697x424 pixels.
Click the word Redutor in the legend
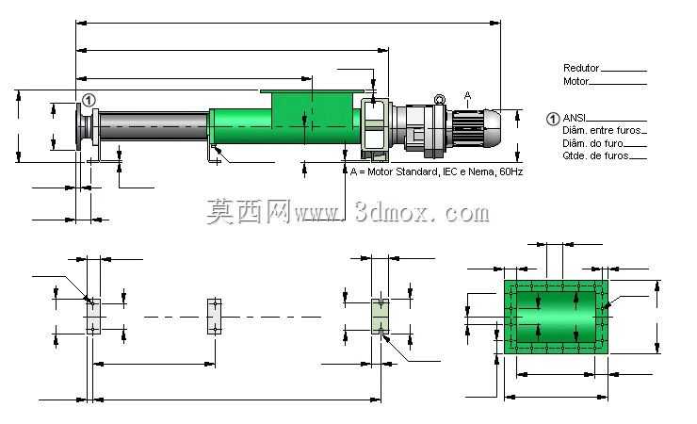(x=581, y=68)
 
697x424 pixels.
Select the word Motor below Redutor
(x=575, y=81)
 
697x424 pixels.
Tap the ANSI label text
(x=575, y=118)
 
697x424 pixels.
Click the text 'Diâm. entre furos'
(x=602, y=131)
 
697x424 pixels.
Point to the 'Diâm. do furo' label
(x=592, y=143)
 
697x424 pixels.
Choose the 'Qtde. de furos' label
(x=595, y=156)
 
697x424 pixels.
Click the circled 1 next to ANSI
(x=553, y=119)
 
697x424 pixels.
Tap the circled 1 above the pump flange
(x=89, y=101)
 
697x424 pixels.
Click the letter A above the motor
(x=467, y=95)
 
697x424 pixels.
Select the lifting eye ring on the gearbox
(x=440, y=99)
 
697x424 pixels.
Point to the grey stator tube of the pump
(x=154, y=125)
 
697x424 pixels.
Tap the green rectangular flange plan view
(x=556, y=317)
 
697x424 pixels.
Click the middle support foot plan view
(x=215, y=317)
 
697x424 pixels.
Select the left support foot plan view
(x=93, y=317)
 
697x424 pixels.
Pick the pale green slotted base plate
(x=381, y=317)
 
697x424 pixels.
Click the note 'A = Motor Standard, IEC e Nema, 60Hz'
(x=436, y=171)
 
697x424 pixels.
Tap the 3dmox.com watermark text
(x=348, y=212)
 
